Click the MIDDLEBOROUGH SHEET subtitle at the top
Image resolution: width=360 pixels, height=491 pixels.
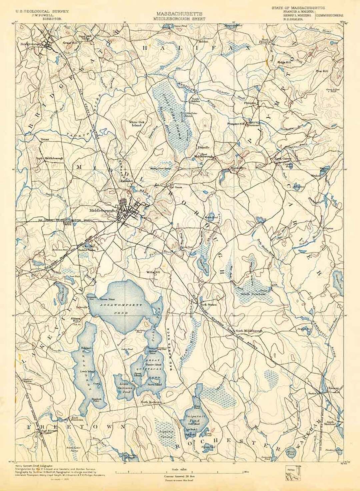179,19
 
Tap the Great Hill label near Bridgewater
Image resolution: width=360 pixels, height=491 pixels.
69,43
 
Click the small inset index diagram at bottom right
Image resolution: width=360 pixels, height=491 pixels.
293,474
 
